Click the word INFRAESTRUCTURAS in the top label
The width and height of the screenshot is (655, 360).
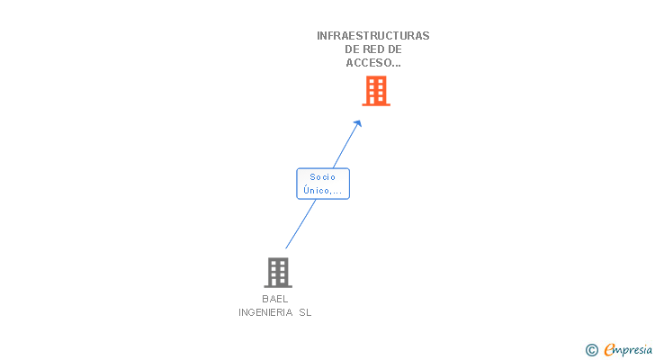coord(372,36)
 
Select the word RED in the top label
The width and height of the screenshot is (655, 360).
coord(372,49)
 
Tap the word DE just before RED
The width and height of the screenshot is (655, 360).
coord(353,49)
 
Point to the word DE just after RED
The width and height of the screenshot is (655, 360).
coord(394,49)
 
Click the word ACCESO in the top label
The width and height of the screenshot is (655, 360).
coord(367,63)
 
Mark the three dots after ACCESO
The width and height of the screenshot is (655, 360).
coord(396,65)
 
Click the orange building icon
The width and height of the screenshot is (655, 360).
coord(376,90)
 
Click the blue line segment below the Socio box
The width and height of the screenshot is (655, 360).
coord(301,223)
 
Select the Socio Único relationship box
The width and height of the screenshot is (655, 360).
coord(323,184)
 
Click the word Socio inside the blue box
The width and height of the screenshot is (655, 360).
coord(322,177)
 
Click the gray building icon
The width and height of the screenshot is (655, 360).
coord(278,272)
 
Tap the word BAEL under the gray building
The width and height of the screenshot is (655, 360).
coord(275,299)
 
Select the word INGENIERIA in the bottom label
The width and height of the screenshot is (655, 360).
coord(265,312)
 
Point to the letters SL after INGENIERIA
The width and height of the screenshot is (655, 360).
coord(306,312)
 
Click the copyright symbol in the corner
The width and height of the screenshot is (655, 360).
coord(591,350)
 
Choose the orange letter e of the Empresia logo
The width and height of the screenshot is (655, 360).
coord(609,350)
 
